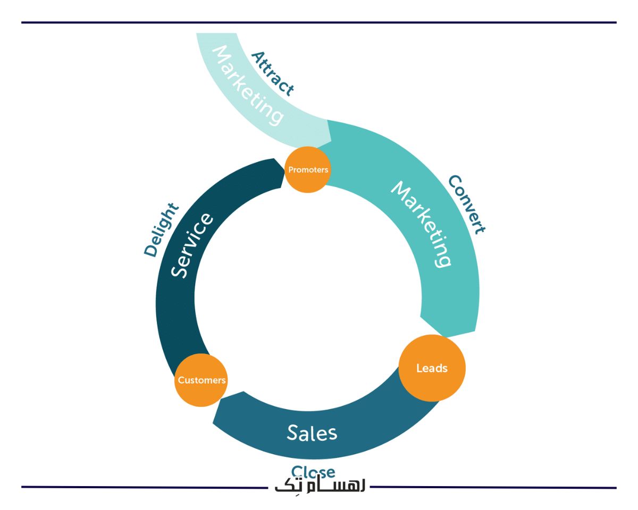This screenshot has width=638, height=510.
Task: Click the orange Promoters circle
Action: tap(308, 169)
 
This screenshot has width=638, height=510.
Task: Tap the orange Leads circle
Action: tap(432, 368)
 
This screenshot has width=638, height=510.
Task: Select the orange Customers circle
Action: tap(202, 380)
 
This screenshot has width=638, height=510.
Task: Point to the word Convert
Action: tap(466, 205)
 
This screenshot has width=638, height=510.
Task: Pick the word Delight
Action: tap(162, 230)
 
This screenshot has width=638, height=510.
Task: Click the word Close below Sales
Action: tap(313, 471)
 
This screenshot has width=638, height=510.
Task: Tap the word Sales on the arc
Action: tap(312, 432)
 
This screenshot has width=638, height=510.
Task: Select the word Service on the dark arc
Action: tap(192, 245)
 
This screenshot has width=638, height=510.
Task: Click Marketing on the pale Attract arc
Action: tap(247, 86)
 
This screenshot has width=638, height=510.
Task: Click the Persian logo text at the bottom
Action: tap(320, 487)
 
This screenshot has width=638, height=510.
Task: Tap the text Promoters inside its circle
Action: tap(308, 170)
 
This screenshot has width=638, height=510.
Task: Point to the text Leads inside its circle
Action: tap(432, 368)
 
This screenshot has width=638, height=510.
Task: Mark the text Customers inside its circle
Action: tap(202, 380)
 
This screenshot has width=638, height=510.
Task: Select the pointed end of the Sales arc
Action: tap(215, 420)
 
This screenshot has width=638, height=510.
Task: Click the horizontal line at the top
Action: tap(319, 22)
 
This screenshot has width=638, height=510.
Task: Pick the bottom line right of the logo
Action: tap(494, 487)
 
